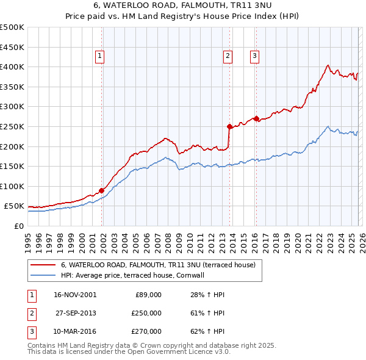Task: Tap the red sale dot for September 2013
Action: (x=229, y=127)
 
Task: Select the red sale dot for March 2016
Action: (x=256, y=118)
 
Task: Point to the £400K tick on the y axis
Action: (x=12, y=67)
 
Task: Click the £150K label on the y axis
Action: (x=12, y=166)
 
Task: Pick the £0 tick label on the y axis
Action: (x=18, y=226)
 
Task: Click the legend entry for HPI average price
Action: (x=135, y=275)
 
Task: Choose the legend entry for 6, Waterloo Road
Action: (x=161, y=265)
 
